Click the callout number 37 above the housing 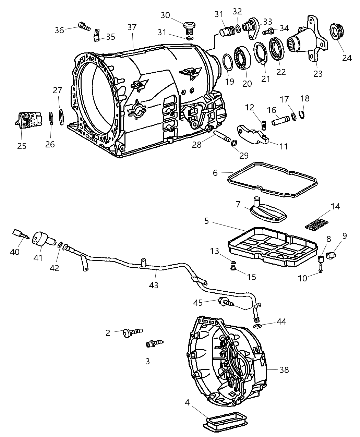(132, 27)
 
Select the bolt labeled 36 (83, 25)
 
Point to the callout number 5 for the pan (206, 221)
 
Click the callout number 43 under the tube (154, 284)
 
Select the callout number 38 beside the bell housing (284, 370)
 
